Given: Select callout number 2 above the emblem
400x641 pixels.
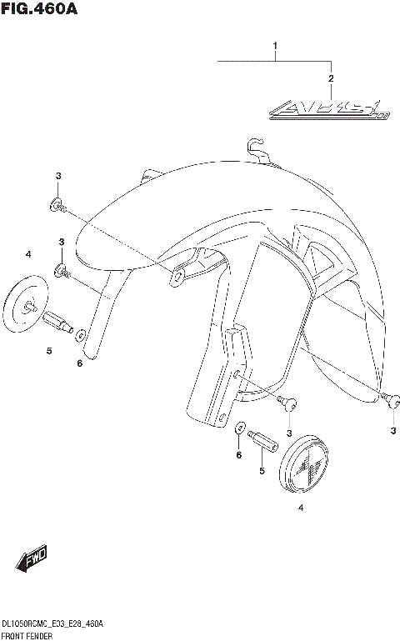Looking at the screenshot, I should (331, 78).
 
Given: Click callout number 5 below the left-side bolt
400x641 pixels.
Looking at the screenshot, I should (49, 352).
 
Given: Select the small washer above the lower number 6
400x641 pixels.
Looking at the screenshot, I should (240, 429).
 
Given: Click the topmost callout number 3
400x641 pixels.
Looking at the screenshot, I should (58, 176).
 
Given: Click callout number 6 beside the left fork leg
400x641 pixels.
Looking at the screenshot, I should (80, 363).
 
